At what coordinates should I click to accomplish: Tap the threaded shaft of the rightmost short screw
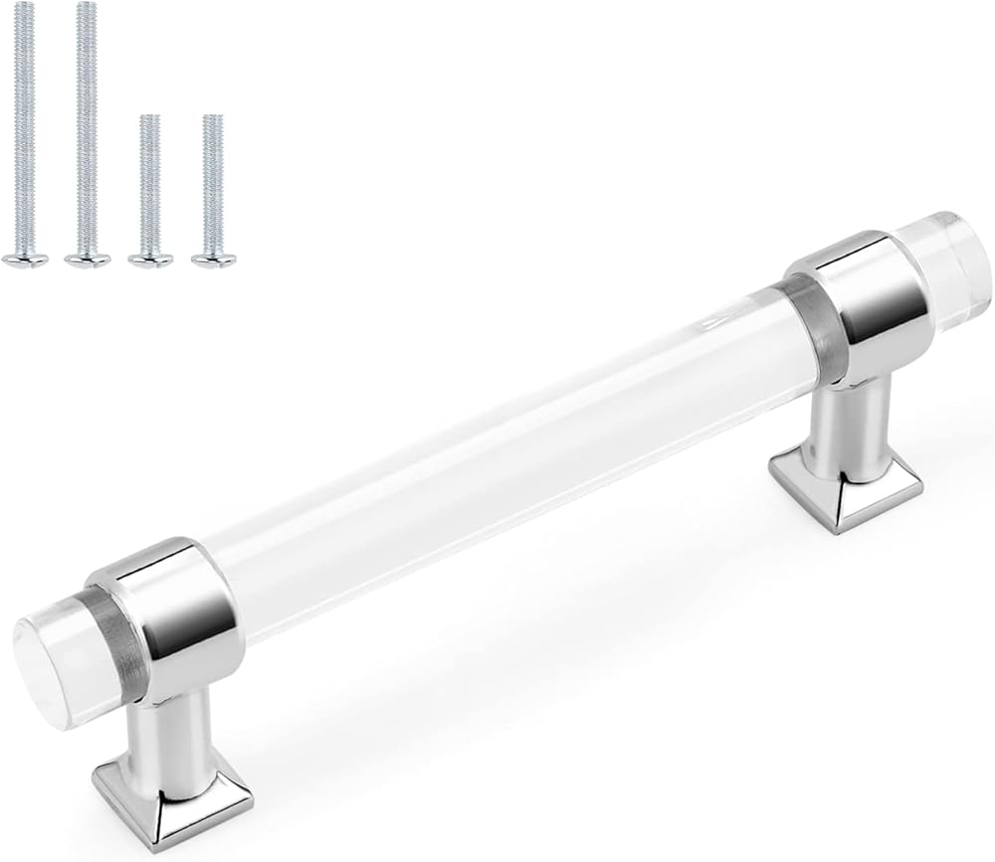210,179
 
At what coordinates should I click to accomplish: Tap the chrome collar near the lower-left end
159,597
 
